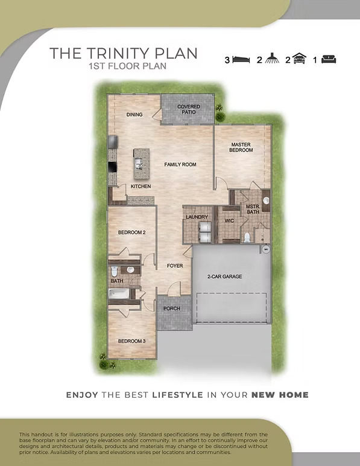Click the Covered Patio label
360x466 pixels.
(189, 109)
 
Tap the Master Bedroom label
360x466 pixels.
(241, 147)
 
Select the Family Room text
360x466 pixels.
(180, 164)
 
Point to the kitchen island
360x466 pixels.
(141, 164)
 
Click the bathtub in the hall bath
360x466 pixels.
(119, 294)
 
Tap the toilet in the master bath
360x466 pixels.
(247, 238)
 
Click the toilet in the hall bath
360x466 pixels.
(114, 271)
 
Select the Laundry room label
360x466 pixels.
(197, 217)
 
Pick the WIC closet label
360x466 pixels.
(229, 221)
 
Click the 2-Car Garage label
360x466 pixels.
(225, 276)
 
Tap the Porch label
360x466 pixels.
(172, 308)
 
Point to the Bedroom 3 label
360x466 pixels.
(132, 341)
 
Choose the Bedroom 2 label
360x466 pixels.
(132, 232)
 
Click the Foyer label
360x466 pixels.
(175, 266)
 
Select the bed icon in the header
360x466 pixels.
(241, 59)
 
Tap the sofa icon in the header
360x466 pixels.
(329, 59)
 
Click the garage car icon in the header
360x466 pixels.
(299, 59)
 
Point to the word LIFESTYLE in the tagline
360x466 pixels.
(178, 395)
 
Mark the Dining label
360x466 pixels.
(134, 115)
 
